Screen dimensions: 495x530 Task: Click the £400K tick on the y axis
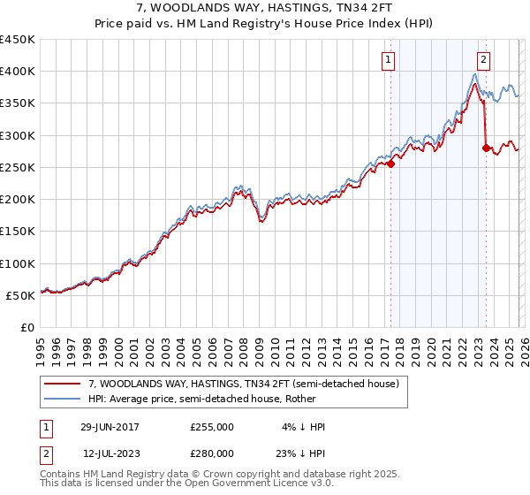[17, 72]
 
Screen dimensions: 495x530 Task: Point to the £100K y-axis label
[17, 263]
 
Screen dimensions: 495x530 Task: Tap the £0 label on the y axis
[26, 327]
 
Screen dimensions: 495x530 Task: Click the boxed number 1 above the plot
[389, 60]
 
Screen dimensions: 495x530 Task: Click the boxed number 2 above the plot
[484, 60]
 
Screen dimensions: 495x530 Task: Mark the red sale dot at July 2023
[486, 148]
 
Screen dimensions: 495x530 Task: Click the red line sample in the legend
[63, 384]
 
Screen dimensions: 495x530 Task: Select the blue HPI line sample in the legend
[63, 399]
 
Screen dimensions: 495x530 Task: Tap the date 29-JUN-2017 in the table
[110, 427]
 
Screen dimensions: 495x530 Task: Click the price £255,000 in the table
[211, 427]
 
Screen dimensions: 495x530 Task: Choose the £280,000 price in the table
[211, 453]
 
